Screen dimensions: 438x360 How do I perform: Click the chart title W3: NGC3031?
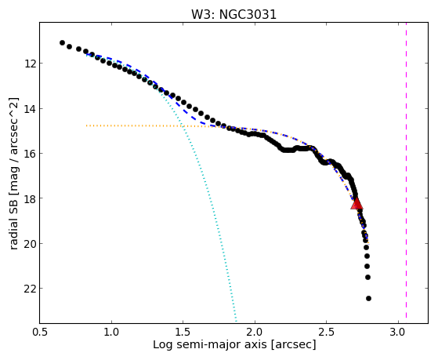[x=233, y=14]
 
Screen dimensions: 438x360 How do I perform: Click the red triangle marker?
[x=357, y=204]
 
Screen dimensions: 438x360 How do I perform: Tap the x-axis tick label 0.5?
[x=40, y=333]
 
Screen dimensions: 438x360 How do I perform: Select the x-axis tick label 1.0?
[x=111, y=333]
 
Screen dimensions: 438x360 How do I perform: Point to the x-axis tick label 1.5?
[x=183, y=333]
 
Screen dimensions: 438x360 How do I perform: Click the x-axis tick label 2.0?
[x=255, y=333]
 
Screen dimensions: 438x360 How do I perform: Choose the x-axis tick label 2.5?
[x=326, y=333]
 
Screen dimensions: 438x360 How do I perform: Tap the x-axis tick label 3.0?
[x=398, y=333]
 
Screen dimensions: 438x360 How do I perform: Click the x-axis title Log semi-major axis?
[x=210, y=345]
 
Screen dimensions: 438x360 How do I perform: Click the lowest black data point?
[x=368, y=299]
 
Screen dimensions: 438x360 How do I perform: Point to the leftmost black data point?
[x=62, y=43]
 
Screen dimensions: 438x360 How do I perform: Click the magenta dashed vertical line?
[x=406, y=170]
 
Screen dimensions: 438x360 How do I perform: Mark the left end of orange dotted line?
[x=86, y=125]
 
